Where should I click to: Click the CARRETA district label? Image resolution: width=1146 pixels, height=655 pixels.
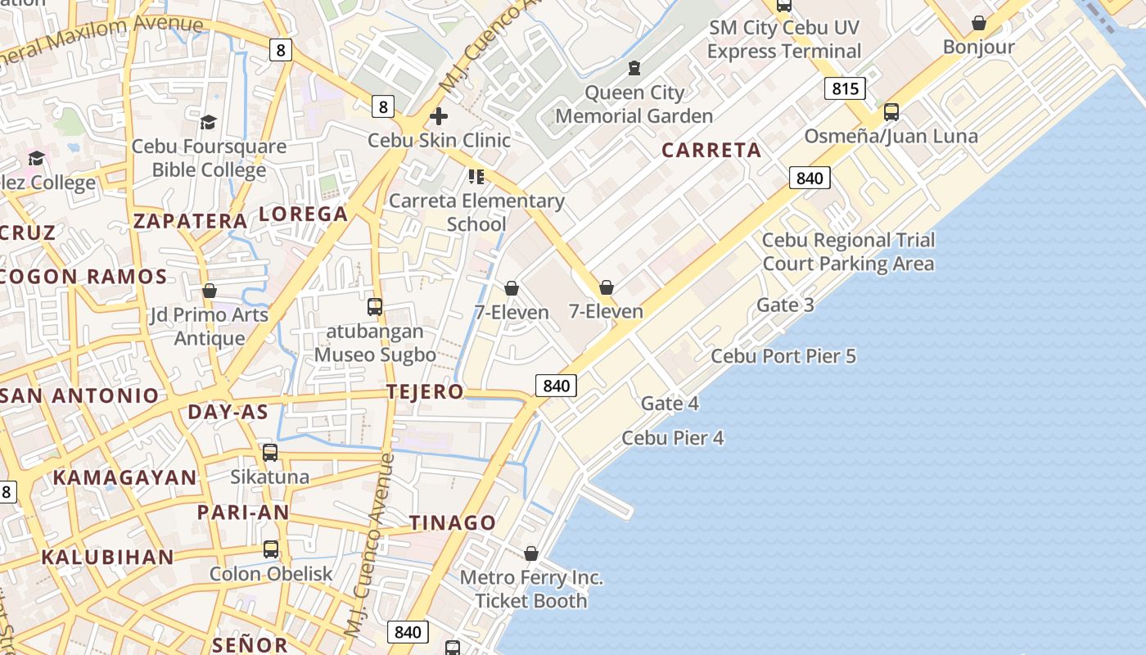coord(711,151)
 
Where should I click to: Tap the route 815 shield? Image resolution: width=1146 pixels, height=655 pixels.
coord(845,88)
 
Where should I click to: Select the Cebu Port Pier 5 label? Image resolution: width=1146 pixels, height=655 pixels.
coord(783,356)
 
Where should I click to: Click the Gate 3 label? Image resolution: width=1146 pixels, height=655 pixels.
coord(785,305)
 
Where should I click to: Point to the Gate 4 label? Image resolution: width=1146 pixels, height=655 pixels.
coord(670,404)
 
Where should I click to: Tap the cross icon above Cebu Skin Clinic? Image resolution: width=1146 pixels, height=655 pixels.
coord(439,116)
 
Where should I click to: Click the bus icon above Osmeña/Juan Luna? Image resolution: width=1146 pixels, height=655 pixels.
coord(891,112)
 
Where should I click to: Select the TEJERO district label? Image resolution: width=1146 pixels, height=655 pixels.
coord(425,392)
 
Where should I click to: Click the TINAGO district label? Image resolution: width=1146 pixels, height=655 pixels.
coord(453,523)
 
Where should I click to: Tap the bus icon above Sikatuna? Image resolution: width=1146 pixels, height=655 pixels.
coord(270,453)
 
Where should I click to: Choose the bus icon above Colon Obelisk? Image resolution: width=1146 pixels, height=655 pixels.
coord(271,549)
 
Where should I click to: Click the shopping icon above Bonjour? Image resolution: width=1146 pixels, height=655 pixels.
coord(978,23)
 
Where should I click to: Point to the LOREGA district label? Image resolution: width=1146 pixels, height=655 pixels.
coord(304,215)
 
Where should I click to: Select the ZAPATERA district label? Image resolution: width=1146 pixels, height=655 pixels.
coord(191,221)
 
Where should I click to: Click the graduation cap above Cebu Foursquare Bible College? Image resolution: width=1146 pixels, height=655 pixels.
coord(209,123)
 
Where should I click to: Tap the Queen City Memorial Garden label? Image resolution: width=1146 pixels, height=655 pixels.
coord(634,105)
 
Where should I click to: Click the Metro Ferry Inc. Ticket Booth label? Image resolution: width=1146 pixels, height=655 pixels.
coord(531,589)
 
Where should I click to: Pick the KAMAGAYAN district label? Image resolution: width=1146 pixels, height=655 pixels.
coord(125,478)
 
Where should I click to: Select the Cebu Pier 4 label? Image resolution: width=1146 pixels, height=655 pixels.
coord(672,438)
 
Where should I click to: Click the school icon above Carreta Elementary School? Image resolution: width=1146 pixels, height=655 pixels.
coord(476,177)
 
